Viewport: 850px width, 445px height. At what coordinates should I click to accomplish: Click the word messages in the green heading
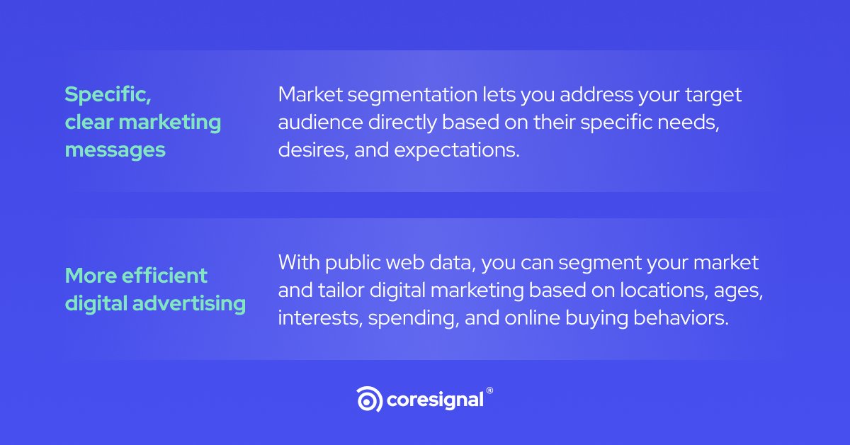115,150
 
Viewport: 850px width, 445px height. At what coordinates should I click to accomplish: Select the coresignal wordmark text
435,400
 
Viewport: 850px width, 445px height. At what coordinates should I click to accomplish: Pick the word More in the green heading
89,275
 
